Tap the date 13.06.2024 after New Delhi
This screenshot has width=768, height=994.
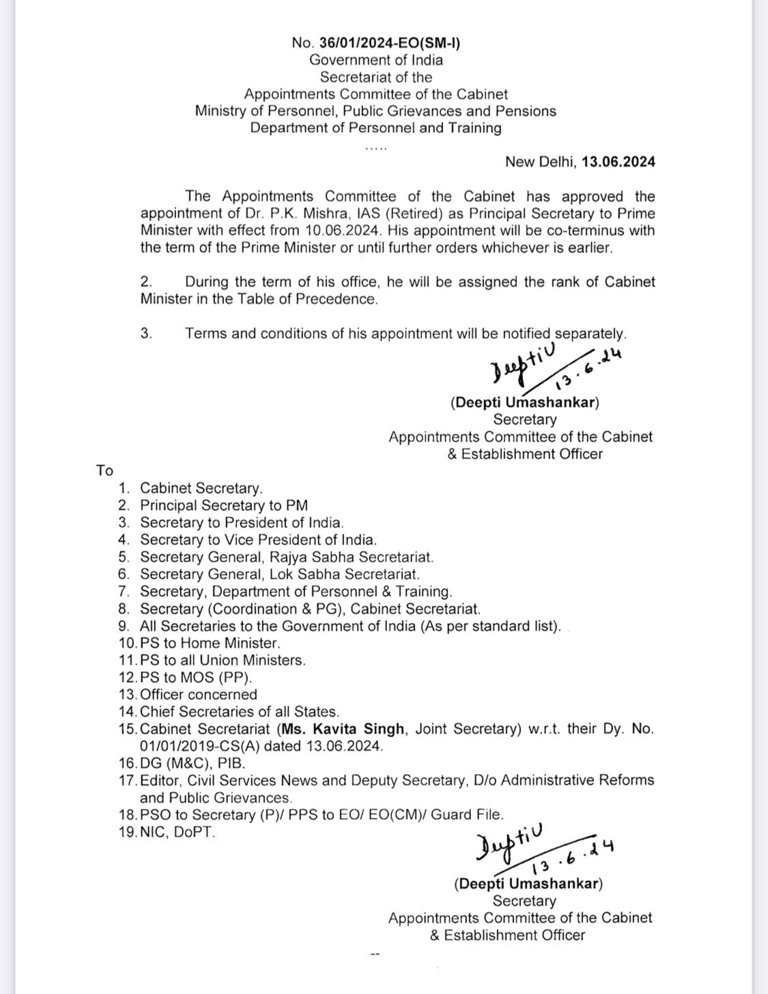(618, 162)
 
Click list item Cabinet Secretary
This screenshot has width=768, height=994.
(201, 488)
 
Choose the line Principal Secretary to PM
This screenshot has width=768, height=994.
(224, 506)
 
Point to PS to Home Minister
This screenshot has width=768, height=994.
(210, 643)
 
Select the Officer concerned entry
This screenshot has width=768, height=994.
(198, 695)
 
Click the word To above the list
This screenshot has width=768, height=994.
(104, 471)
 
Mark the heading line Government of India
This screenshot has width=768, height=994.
(375, 60)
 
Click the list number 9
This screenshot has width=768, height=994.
(124, 626)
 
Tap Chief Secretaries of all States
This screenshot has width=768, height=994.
(239, 712)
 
